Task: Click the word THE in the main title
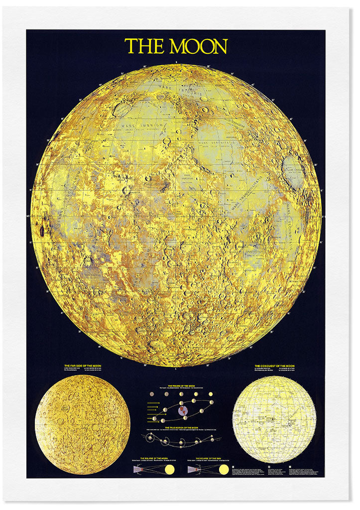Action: pyautogui.click(x=144, y=46)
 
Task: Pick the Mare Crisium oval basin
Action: pyautogui.click(x=294, y=169)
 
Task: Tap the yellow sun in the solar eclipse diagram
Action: pyautogui.click(x=224, y=469)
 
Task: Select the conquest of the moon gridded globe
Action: pyautogui.click(x=274, y=419)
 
